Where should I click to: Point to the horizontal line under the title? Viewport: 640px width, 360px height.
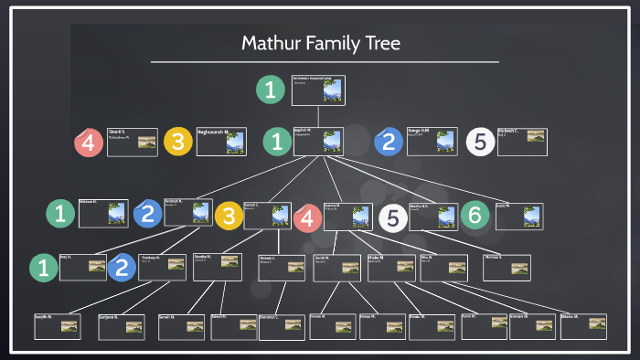pos(325,62)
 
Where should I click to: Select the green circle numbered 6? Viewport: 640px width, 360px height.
pos(474,215)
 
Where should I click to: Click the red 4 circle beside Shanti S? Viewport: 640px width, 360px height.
pos(88,142)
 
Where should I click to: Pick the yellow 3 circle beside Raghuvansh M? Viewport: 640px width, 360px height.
pos(177,142)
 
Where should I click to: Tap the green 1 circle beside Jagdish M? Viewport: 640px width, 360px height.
pos(275,141)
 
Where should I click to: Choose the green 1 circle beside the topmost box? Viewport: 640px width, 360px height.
pos(271,90)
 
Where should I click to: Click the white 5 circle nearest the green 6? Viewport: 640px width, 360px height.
pos(392,218)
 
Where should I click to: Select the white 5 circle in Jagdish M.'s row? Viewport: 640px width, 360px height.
pos(480,141)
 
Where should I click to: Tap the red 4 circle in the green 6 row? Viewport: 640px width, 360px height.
pos(307,217)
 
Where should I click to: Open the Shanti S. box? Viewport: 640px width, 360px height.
pos(132,142)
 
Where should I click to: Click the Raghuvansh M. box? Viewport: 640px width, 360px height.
pos(221,142)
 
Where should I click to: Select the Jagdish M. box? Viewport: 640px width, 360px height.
pos(318,140)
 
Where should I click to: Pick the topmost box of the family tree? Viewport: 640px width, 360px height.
pos(317,89)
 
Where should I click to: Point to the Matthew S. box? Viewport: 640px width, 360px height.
pos(506,266)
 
